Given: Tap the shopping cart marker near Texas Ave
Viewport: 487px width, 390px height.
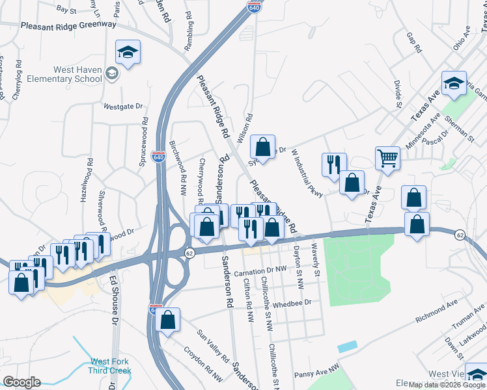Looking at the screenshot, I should (x=387, y=158).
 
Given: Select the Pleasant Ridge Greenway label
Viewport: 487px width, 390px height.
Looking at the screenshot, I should (x=68, y=25).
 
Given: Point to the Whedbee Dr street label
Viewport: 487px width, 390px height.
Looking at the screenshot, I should (x=293, y=302).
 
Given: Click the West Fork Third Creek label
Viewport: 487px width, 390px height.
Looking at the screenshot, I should (x=111, y=366).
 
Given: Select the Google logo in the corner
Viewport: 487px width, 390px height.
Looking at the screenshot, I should (x=21, y=382).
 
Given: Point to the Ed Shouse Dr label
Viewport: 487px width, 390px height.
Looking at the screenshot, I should (x=115, y=300).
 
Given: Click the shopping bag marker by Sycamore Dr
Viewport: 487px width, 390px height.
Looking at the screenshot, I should (x=262, y=147).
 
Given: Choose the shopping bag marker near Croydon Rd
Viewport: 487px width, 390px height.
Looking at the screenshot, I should (x=167, y=320).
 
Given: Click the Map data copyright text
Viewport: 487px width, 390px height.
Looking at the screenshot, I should (x=447, y=385).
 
